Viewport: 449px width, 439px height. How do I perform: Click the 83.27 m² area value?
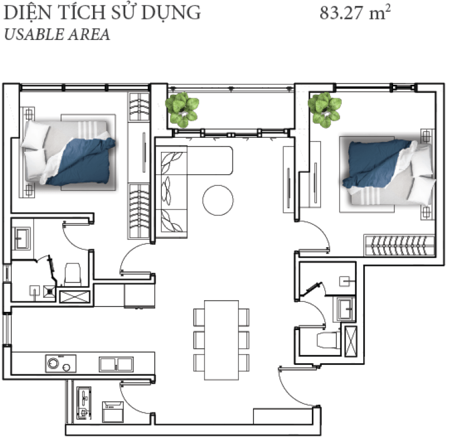[355, 13]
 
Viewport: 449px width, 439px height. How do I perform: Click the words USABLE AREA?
[57, 34]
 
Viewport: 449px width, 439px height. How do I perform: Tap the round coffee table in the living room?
[218, 200]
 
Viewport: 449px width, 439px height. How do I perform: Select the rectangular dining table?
[221, 340]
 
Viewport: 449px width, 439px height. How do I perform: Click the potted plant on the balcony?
[182, 109]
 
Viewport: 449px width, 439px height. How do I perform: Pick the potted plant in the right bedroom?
[325, 109]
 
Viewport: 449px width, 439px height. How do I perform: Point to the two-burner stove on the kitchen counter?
[61, 364]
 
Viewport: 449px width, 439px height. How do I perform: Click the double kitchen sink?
[117, 364]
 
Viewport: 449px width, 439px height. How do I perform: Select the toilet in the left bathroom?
[72, 275]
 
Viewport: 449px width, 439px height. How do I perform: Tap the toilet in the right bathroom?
[328, 340]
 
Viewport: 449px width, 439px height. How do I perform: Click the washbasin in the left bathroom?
[21, 238]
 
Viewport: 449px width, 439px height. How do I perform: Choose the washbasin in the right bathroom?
[345, 310]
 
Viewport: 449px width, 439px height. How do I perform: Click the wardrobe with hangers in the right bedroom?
[399, 245]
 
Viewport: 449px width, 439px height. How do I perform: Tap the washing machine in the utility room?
[113, 411]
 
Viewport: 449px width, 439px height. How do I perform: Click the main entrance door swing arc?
[290, 395]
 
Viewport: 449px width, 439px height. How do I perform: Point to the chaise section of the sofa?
[209, 161]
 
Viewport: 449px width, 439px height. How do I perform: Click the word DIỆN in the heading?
[25, 12]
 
